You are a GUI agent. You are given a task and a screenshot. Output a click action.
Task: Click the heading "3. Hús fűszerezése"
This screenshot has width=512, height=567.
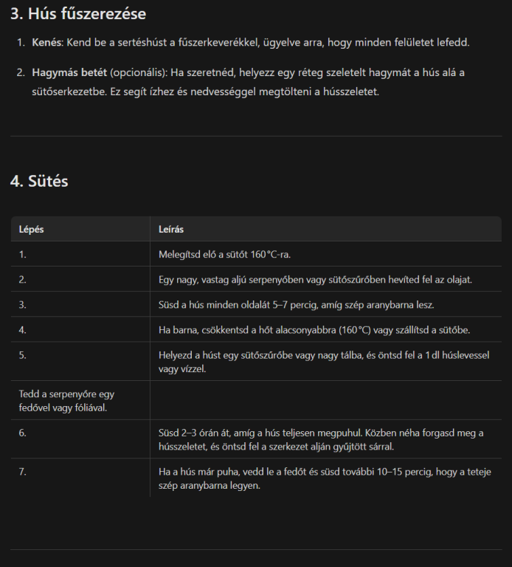click(77, 13)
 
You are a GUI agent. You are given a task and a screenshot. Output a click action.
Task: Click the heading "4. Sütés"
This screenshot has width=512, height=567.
click(39, 181)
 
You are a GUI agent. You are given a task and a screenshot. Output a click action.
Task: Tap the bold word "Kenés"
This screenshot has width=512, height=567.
click(47, 43)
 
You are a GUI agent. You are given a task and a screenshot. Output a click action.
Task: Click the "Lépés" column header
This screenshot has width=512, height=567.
click(32, 229)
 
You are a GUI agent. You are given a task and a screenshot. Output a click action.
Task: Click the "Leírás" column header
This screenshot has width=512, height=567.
click(171, 229)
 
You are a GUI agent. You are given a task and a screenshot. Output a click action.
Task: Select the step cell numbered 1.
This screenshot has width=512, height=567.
click(23, 254)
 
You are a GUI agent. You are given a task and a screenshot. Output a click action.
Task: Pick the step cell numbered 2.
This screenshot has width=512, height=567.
click(23, 280)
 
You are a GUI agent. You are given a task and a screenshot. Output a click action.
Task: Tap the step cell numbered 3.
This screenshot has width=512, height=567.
click(23, 304)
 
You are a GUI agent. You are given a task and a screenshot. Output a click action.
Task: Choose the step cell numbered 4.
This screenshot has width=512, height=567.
click(23, 330)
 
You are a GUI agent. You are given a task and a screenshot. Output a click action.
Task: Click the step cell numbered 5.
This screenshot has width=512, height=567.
click(23, 355)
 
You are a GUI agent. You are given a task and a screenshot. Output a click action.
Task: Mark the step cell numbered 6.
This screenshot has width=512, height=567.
click(23, 433)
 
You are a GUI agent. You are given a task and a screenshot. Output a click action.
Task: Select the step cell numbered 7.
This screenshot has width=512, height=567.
click(23, 471)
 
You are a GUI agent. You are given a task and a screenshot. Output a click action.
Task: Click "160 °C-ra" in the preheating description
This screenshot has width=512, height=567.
click(270, 254)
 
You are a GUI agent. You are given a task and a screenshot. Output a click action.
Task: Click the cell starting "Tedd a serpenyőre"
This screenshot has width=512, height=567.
click(66, 400)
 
